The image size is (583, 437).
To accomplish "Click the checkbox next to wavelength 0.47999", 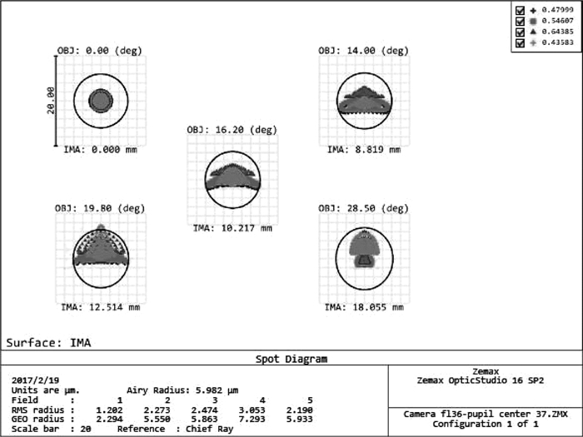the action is [x=521, y=10].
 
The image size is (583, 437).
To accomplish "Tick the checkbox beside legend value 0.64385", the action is [x=521, y=32].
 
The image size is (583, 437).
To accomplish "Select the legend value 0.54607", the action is [x=558, y=21].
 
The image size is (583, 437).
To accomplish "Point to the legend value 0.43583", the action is [x=558, y=42].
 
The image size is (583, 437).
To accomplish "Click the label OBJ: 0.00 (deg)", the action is [x=100, y=50].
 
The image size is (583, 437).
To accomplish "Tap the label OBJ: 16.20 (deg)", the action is [x=232, y=130].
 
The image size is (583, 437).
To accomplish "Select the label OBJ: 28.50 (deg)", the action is [x=363, y=208].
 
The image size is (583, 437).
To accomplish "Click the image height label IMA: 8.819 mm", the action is [x=364, y=150].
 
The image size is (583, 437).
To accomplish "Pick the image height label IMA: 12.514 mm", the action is [x=101, y=307].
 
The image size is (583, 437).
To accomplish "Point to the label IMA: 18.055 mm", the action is [x=364, y=307].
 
